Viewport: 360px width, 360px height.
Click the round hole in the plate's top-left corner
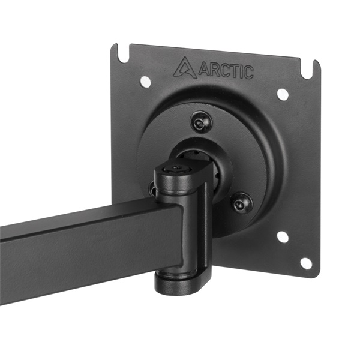click(145, 81)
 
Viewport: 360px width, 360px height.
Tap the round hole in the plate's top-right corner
click(283, 94)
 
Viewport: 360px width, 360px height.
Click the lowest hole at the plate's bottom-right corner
click(305, 263)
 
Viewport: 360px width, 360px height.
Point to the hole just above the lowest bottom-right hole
click(282, 237)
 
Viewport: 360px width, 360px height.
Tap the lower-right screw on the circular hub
click(241, 203)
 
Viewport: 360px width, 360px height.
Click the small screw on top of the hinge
click(175, 170)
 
